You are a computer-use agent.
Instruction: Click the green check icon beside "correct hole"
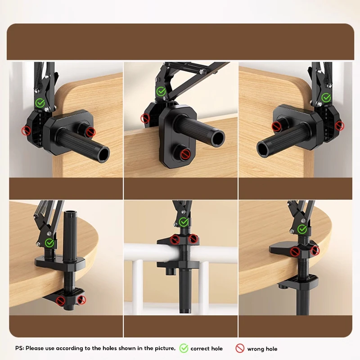184,348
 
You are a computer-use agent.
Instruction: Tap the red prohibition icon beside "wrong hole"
239,348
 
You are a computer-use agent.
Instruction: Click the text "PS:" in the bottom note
20,348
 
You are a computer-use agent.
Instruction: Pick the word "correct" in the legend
200,348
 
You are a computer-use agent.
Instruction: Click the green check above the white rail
184,221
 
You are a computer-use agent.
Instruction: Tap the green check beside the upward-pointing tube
49,243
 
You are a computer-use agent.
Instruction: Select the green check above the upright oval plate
161,92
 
